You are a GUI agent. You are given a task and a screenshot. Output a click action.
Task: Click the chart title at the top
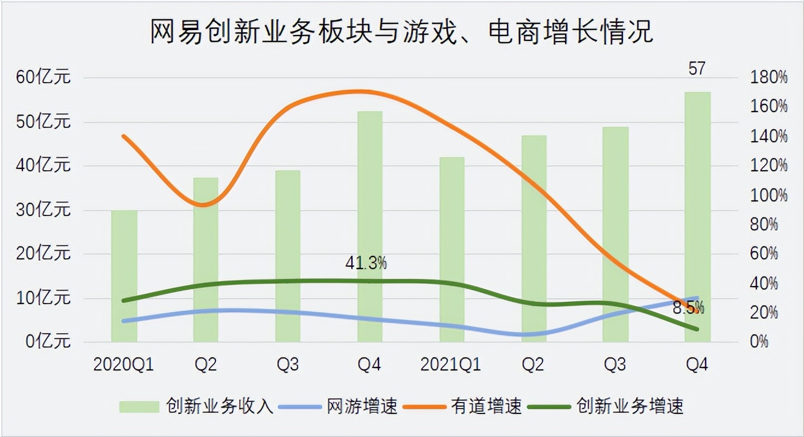(401, 31)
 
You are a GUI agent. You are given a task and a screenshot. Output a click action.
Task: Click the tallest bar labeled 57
(698, 217)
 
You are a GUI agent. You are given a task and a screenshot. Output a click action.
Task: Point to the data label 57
(697, 69)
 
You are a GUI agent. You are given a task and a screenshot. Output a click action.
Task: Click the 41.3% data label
(366, 263)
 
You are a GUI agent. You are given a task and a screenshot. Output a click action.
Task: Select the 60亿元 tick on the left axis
(43, 78)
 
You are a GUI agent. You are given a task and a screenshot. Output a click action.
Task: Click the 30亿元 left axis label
(43, 210)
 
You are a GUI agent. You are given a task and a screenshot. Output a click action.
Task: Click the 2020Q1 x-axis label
(124, 365)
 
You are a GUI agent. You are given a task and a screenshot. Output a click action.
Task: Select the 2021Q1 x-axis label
(452, 365)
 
